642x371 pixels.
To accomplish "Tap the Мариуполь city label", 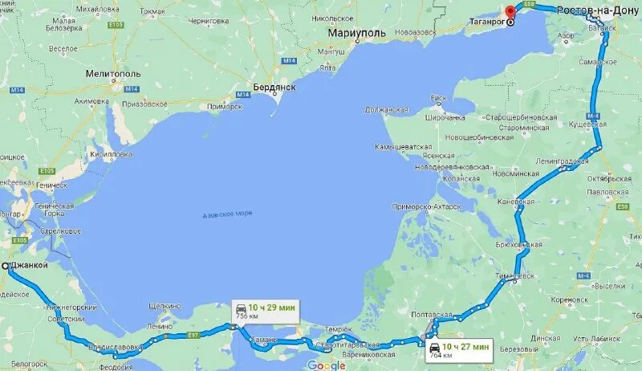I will [x=357, y=33].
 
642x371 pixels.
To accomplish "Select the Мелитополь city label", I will [x=113, y=73].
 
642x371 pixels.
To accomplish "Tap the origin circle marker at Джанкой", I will [x=6, y=266].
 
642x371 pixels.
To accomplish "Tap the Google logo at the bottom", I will [x=326, y=365].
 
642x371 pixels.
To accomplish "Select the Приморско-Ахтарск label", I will [x=426, y=206].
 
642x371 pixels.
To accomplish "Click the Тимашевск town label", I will [x=516, y=275].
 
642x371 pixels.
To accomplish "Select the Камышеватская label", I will [x=404, y=147].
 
